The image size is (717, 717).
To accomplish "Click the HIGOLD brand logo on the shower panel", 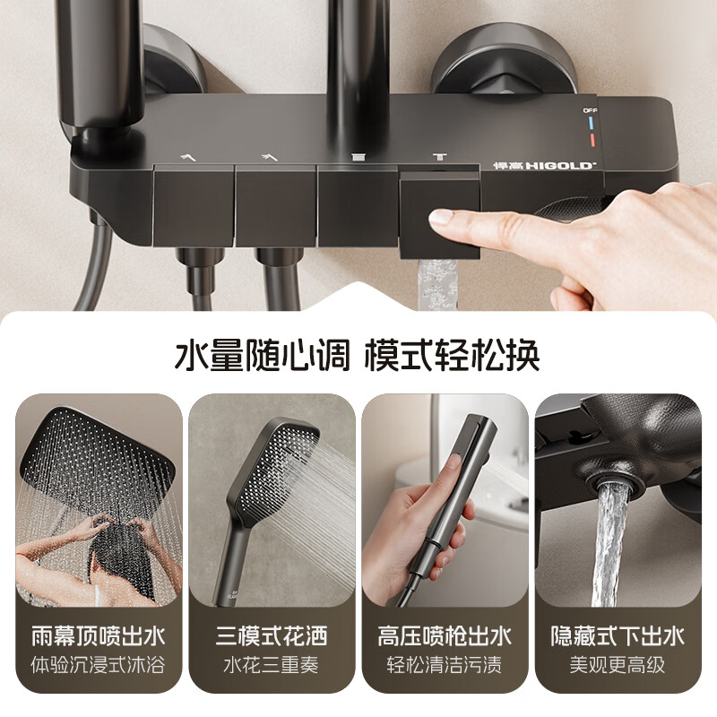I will [x=534, y=165].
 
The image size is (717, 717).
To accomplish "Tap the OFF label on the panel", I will [x=589, y=110].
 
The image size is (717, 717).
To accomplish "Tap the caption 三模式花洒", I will [x=272, y=636].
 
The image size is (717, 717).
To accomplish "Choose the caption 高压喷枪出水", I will [x=445, y=636].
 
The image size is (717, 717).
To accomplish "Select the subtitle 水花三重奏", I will [x=272, y=667].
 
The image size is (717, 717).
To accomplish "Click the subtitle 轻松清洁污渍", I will [x=445, y=667].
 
